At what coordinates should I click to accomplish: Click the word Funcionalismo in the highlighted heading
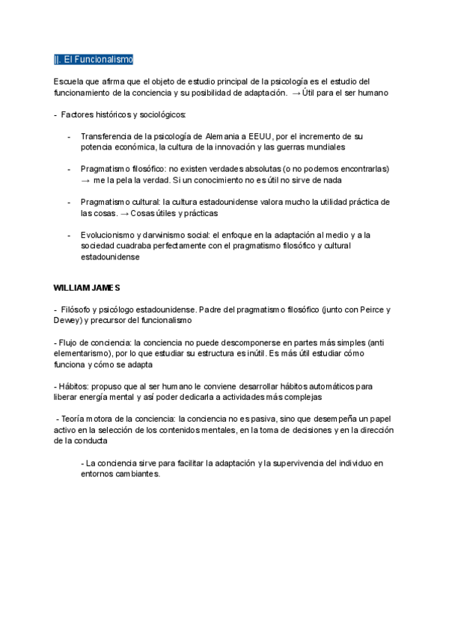click(x=106, y=60)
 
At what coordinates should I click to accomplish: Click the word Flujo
click(x=69, y=342)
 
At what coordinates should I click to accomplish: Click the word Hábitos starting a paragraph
click(x=73, y=387)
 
